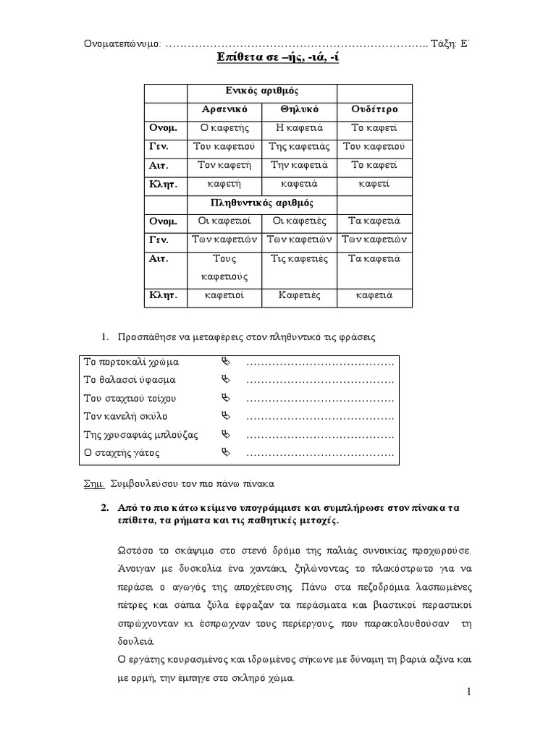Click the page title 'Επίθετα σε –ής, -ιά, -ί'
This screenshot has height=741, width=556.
[x=278, y=58]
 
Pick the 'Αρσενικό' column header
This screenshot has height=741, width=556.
[x=225, y=109]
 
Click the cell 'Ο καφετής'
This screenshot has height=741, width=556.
[x=225, y=128]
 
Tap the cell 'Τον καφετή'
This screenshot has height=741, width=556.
[x=225, y=165]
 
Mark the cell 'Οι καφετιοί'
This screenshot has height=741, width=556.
[x=225, y=221]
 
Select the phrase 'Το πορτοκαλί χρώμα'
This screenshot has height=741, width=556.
[x=131, y=361]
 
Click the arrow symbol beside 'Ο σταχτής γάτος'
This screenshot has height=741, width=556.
[x=224, y=453]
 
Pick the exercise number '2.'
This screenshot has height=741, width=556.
[x=104, y=508]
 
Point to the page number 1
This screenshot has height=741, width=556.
[x=469, y=693]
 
